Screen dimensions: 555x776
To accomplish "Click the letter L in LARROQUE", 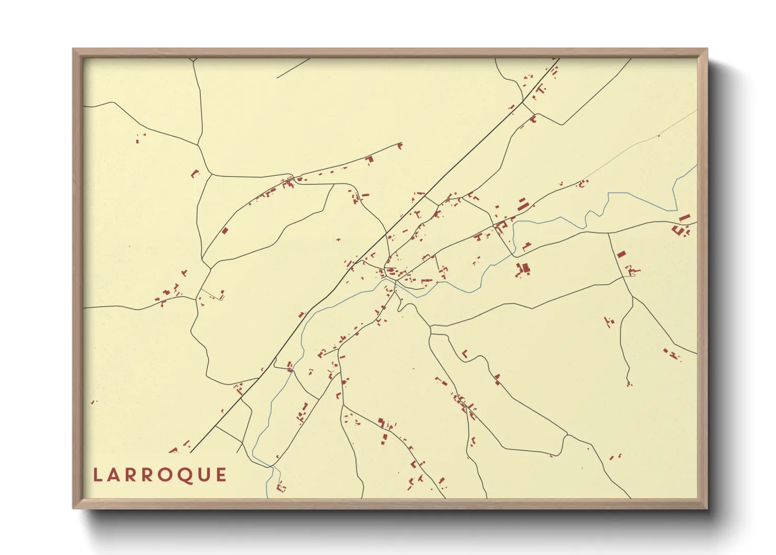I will (97, 475).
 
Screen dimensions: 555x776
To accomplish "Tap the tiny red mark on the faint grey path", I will (659, 136).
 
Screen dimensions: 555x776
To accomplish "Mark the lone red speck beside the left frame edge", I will (93, 402).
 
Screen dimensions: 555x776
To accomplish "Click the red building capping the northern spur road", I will (400, 145).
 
